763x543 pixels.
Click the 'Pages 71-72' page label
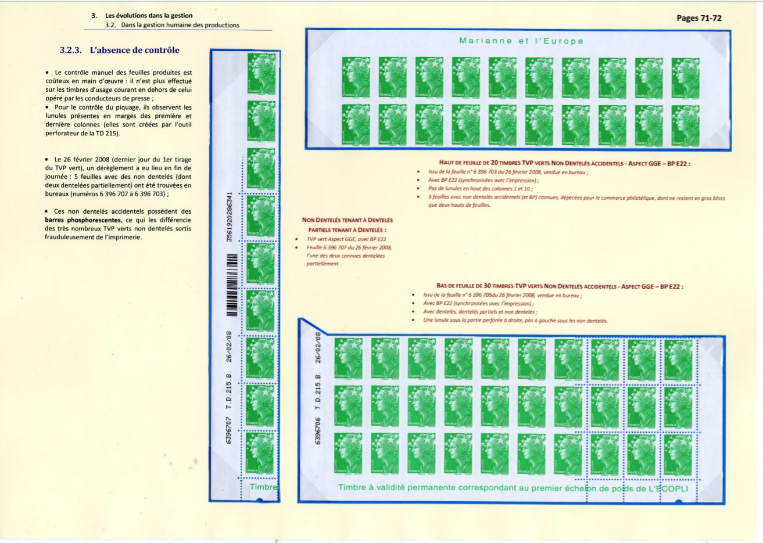click(699, 18)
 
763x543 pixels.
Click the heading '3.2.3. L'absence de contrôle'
click(119, 51)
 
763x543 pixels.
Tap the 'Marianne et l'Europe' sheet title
click(521, 41)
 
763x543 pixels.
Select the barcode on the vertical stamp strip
click(231, 293)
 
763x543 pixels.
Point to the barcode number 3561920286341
click(230, 217)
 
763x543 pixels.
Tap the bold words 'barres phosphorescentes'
click(83, 220)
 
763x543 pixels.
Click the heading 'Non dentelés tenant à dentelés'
click(347, 220)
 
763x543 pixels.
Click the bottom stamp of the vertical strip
click(260, 452)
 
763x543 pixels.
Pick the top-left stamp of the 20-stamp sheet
click(356, 77)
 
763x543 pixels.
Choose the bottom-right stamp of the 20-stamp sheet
click(686, 125)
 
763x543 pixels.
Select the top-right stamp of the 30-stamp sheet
click(678, 359)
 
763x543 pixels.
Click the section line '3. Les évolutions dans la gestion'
click(142, 16)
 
